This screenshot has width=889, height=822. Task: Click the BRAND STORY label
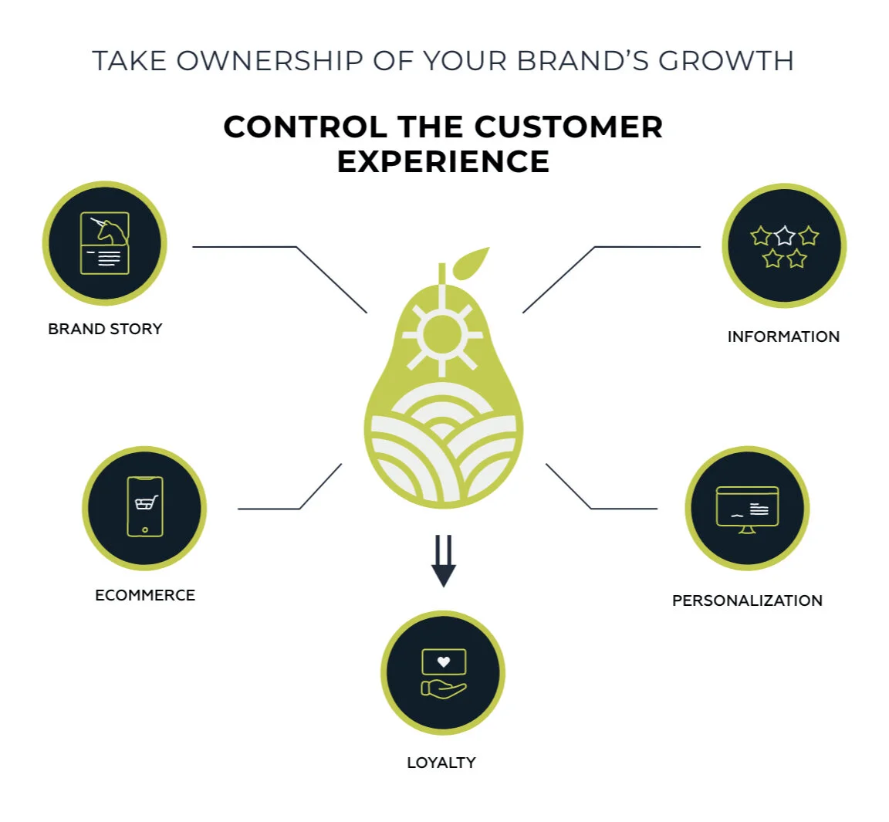coord(105,329)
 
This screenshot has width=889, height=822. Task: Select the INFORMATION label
coord(783,337)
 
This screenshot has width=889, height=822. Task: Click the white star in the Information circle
coord(785,235)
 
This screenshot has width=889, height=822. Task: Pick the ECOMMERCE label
coord(145,595)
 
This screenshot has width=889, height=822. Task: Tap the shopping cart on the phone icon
coord(145,503)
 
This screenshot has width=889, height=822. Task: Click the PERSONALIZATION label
coord(747,600)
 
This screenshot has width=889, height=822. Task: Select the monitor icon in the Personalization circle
coord(747,509)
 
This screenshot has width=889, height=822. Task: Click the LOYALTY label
coord(441,763)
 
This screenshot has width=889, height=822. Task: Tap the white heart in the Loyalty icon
coord(444,661)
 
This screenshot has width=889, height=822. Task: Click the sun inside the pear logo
coord(441,334)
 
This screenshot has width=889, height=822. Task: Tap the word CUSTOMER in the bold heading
coord(568,127)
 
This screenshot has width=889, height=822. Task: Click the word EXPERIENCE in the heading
coord(443,161)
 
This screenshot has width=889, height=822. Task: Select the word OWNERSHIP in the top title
coord(269,61)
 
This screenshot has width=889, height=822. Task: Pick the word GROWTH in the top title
coord(725,61)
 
